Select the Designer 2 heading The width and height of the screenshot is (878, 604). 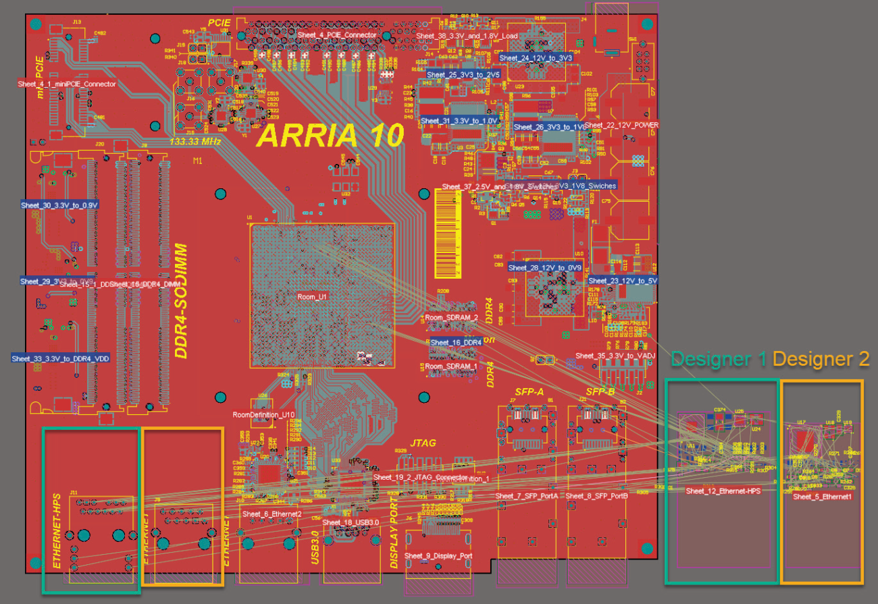click(821, 359)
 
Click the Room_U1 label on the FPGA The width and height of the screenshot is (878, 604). click(312, 296)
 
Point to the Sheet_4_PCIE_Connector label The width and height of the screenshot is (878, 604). click(337, 34)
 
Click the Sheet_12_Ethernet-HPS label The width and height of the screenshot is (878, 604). click(723, 491)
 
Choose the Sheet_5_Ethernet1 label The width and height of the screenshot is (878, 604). click(822, 496)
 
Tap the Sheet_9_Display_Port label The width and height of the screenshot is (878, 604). click(438, 555)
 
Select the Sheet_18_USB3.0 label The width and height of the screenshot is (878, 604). click(351, 522)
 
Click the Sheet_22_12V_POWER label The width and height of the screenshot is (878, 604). click(621, 125)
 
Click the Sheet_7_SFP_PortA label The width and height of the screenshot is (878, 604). click(527, 496)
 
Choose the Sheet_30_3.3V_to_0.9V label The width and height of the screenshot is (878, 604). click(59, 204)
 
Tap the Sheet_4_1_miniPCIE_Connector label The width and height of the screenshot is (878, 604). click(67, 84)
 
